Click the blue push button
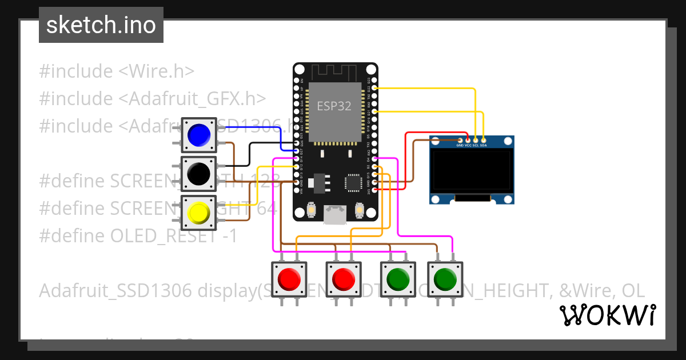(199, 135)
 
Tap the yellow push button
(199, 213)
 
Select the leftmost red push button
(289, 279)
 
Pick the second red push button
(344, 279)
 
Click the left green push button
(398, 279)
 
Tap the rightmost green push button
(445, 279)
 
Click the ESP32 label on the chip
(334, 106)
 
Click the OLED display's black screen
(471, 171)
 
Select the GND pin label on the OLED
(460, 145)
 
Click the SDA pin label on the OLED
(483, 145)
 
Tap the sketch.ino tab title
(101, 25)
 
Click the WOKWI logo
(607, 315)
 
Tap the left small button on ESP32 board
(312, 210)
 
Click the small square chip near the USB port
(352, 183)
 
